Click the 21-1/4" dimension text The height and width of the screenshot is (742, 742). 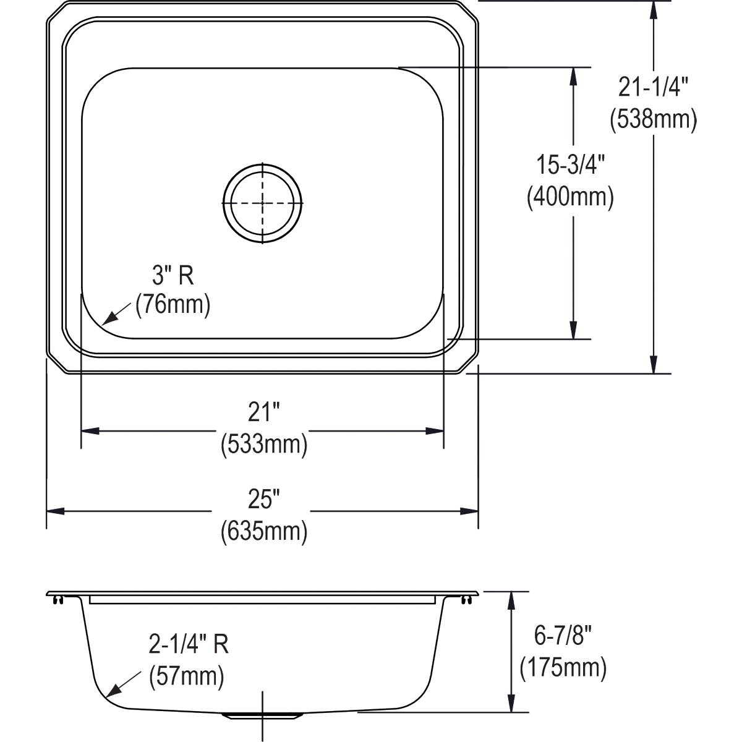coord(653,88)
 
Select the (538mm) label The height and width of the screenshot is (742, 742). coord(653,119)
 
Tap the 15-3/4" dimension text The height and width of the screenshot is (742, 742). coord(570,166)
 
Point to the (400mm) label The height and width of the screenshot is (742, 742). coord(570,197)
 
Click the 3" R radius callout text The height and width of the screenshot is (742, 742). coord(173,275)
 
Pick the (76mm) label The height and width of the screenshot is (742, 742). coord(173,305)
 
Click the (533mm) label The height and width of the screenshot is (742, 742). coord(264,444)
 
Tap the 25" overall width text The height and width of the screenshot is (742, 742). coord(264,499)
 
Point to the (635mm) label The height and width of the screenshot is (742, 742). coord(264,531)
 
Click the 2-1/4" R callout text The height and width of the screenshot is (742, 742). coord(189,645)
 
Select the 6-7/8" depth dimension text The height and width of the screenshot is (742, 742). coord(563,636)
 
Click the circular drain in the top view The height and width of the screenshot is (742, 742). coord(263,202)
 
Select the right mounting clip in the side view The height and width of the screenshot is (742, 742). coord(465,599)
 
